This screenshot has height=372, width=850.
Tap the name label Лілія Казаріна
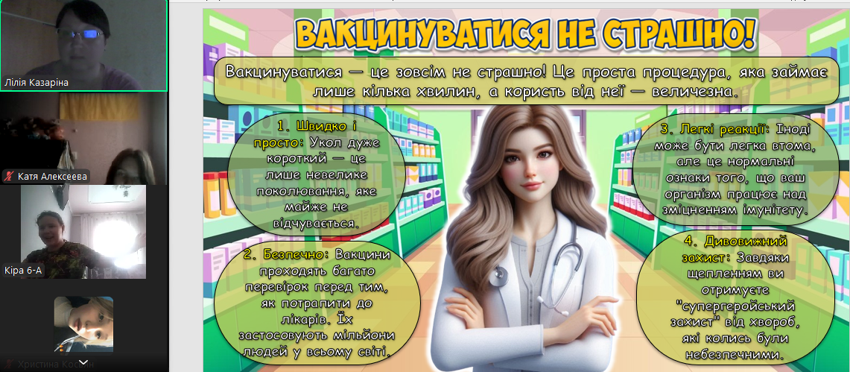[37, 83]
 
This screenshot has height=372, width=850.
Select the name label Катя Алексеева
[51, 176]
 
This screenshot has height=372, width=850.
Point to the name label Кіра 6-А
[23, 270]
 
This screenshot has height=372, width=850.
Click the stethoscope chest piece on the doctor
[497, 276]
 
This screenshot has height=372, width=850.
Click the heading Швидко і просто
[306, 134]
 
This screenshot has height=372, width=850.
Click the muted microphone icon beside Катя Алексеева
[9, 176]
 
